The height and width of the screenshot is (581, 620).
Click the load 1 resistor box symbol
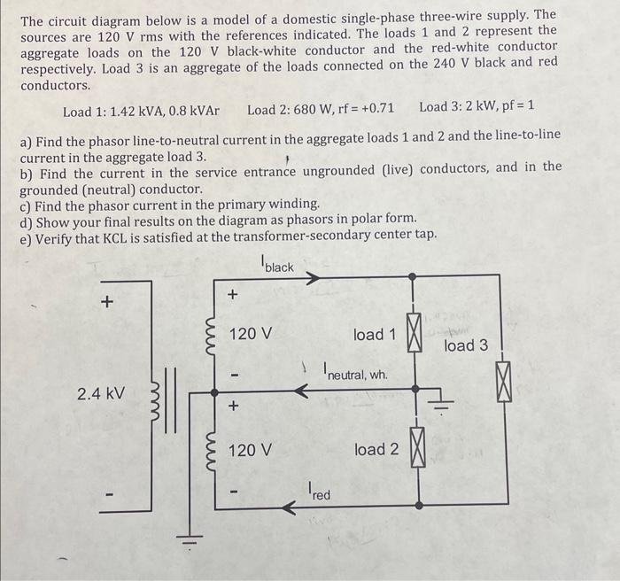click(413, 332)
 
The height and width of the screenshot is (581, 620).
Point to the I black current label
click(277, 264)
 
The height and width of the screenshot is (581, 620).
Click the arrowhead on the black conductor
click(312, 277)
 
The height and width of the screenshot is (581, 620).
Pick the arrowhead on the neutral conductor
click(301, 390)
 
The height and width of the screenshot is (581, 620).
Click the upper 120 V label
click(251, 334)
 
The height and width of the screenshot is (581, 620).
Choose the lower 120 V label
click(251, 450)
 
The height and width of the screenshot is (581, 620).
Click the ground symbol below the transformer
click(187, 538)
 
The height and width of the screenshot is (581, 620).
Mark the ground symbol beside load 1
click(440, 406)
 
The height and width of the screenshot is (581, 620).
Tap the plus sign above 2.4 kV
click(107, 302)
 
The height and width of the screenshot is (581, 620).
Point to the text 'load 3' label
click(466, 345)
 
